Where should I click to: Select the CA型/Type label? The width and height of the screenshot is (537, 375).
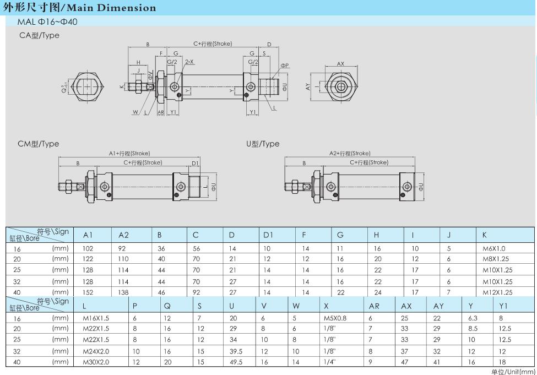point(39,35)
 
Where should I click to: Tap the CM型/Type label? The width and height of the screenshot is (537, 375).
point(39,144)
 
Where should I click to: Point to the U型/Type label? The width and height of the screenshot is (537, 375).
point(263,144)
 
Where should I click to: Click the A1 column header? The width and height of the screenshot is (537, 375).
point(88,235)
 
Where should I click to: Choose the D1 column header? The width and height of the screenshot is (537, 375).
point(268,235)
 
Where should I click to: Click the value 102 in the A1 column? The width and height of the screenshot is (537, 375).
point(88,248)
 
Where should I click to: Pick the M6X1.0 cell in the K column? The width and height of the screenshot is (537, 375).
point(493,248)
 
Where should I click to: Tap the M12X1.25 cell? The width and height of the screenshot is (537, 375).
point(497,292)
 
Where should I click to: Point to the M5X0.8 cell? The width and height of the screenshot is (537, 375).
point(335,318)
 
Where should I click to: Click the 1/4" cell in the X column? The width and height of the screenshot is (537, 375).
point(329,362)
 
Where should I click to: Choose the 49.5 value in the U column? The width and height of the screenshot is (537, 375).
point(236,362)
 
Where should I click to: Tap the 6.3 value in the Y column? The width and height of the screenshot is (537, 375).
point(472,318)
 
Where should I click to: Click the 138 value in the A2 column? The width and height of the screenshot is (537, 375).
point(124,292)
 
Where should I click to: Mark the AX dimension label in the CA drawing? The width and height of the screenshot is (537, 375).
point(340,64)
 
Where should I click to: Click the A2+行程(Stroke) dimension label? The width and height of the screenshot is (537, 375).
point(350,153)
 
